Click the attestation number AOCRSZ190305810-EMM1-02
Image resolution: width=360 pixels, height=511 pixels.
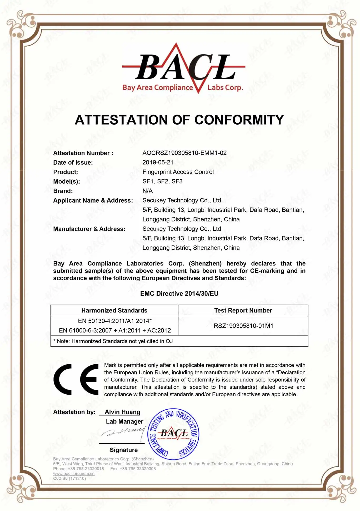click(184, 153)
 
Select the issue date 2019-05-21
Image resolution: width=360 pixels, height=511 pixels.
click(158, 162)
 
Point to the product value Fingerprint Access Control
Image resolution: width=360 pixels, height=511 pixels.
click(178, 172)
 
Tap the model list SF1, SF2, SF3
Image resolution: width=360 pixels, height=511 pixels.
click(162, 181)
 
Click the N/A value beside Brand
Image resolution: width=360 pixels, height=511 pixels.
click(147, 191)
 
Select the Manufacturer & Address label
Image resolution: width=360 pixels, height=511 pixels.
click(89, 229)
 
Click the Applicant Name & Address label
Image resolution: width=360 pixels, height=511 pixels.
click(93, 200)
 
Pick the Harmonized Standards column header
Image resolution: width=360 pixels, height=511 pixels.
click(114, 310)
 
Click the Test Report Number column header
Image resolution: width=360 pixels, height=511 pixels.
click(243, 310)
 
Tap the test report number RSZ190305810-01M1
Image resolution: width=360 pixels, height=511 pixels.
click(243, 326)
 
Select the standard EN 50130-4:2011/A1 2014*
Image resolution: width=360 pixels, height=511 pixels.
click(115, 321)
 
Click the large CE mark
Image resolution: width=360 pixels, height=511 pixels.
click(76, 379)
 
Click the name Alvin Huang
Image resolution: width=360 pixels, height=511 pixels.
click(122, 412)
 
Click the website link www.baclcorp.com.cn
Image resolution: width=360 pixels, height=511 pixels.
click(74, 473)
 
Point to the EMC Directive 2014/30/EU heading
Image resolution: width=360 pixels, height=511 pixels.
click(179, 293)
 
